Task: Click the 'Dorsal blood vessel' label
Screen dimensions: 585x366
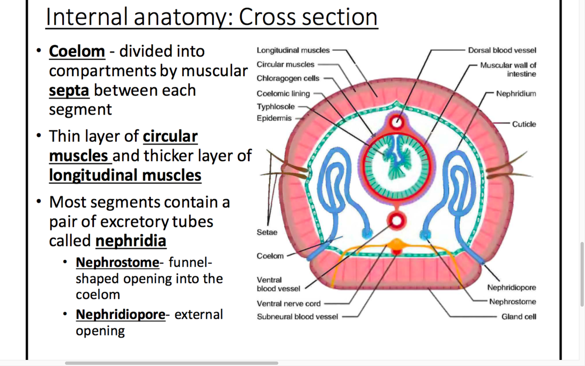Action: coord(502,50)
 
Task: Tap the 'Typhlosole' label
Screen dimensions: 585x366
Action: coord(275,107)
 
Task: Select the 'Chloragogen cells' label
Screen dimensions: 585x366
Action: coord(288,78)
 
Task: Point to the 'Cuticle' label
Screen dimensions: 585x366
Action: coord(524,124)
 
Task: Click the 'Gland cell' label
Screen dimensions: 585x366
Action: coord(519,316)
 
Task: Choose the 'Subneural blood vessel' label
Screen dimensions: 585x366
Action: coord(297,316)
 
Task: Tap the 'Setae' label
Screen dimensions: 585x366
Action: coord(267,232)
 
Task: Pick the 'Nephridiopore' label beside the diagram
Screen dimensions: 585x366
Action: coord(511,288)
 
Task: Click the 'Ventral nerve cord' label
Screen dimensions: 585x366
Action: coord(288,303)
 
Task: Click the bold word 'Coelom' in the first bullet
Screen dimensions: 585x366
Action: coord(77,51)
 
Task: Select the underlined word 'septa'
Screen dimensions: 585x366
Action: coord(69,90)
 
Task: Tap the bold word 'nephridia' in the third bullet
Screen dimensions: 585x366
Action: coord(131,240)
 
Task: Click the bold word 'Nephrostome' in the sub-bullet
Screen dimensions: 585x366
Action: coord(117,262)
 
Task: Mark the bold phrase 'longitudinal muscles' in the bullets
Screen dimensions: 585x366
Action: coord(125,175)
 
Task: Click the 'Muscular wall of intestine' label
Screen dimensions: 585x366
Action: coord(508,70)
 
